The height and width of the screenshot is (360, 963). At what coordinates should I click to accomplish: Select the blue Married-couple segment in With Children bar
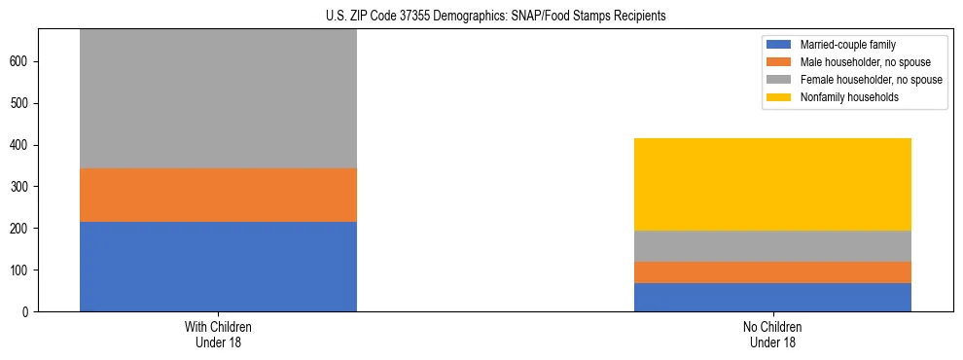point(218,267)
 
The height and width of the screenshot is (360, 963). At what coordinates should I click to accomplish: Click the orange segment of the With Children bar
point(218,195)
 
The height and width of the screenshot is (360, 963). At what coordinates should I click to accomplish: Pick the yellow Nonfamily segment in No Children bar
point(772,184)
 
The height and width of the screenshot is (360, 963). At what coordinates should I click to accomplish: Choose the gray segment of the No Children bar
point(772,246)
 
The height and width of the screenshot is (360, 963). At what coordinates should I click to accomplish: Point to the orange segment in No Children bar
point(772,272)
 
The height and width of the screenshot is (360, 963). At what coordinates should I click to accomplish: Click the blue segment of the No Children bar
point(772,297)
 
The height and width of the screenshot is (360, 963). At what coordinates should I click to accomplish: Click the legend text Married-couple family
point(848,45)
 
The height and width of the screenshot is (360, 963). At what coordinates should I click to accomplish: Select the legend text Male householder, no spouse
point(862,62)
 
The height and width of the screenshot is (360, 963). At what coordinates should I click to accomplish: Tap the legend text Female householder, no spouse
point(871,80)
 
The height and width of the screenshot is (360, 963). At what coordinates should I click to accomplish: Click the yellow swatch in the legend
point(779,97)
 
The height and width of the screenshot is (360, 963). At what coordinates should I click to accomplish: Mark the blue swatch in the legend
point(779,45)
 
